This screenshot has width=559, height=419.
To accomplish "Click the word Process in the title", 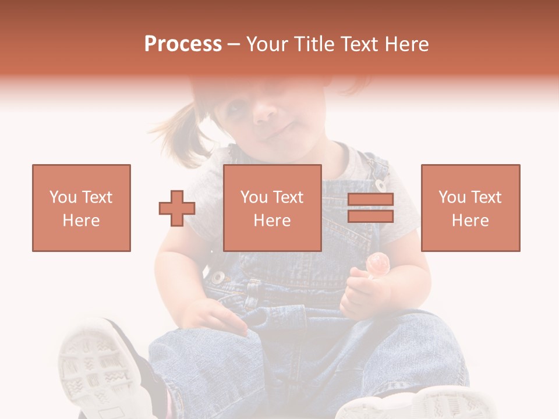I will click(183, 44).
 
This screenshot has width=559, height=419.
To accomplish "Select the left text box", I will click(82, 208).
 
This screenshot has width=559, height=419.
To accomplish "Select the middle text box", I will click(272, 208).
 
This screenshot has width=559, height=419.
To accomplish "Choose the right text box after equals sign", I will click(470, 208).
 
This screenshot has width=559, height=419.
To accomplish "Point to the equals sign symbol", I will click(370, 208).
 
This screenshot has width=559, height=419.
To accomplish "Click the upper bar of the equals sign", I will click(370, 200).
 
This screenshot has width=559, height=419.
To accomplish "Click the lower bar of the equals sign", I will click(370, 216).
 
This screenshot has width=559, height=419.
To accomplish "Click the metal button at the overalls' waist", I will click(218, 277).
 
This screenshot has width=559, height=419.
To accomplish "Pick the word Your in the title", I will click(265, 44).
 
